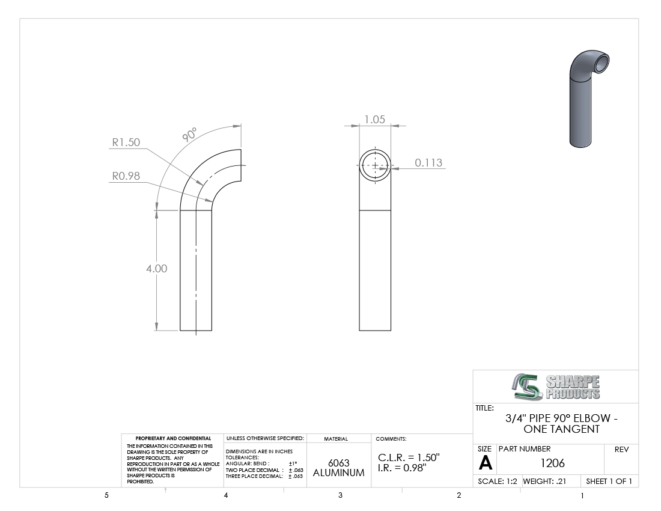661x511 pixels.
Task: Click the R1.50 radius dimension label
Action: click(126, 142)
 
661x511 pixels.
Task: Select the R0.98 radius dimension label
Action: click(126, 176)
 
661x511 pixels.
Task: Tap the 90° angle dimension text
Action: click(190, 134)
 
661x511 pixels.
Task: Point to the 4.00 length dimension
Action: click(157, 269)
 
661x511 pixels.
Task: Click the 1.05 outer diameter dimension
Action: click(375, 119)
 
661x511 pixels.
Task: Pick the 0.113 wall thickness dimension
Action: click(428, 163)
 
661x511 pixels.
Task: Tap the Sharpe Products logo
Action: click(556, 387)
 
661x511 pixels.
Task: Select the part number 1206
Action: click(552, 463)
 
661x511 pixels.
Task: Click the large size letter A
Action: click(485, 464)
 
